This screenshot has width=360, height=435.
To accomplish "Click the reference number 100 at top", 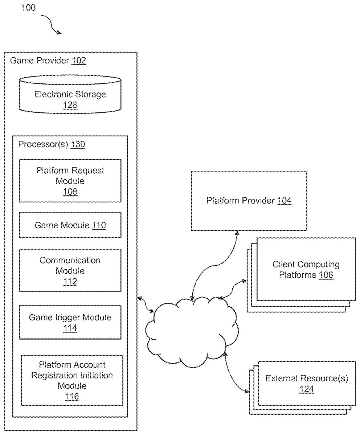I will [28, 8].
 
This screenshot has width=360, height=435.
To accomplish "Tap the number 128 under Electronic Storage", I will [70, 105].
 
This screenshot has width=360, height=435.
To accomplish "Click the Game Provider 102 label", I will [48, 61].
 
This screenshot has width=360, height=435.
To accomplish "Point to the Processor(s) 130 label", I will [52, 144].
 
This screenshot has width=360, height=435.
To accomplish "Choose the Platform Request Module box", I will [70, 181].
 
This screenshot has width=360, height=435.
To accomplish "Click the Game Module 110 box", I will [70, 225].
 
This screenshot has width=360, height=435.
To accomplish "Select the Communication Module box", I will [70, 270].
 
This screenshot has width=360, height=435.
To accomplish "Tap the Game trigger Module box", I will [70, 323].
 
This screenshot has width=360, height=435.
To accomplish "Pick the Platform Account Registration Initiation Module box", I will [72, 380].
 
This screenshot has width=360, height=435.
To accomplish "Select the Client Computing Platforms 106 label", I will [306, 270].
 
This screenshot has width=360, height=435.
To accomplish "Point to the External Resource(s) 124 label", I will [307, 384].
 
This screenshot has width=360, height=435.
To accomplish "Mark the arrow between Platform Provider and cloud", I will [210, 265].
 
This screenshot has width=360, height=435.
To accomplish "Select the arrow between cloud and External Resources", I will [234, 373].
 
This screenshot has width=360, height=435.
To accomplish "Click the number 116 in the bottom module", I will [72, 397].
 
